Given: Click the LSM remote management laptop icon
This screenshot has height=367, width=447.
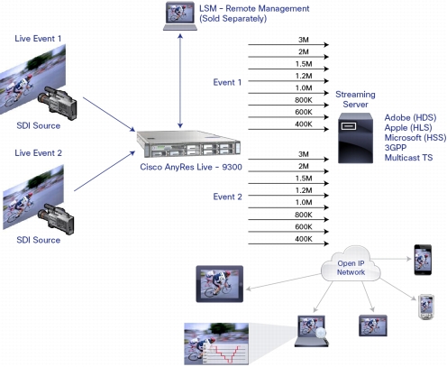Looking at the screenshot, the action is (180, 16).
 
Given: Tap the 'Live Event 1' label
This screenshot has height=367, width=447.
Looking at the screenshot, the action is (38, 39).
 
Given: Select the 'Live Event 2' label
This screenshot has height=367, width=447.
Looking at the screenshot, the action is (38, 153).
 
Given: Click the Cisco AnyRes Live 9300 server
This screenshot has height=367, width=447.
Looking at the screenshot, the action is (188, 144).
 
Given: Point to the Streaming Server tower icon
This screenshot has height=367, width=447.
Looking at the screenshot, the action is (355, 138).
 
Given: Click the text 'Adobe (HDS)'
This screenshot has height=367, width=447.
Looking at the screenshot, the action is (410, 117).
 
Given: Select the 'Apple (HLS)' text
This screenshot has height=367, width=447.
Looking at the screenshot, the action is (408, 128).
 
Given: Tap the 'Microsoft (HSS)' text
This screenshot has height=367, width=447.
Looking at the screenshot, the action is (415, 138).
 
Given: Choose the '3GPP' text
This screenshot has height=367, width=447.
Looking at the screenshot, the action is (396, 148).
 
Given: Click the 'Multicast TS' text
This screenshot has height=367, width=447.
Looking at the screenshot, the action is (408, 158).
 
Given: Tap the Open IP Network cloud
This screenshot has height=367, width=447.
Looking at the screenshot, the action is (351, 264).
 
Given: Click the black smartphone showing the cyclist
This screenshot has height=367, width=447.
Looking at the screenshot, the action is (423, 260).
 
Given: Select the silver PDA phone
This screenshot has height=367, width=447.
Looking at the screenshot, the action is (426, 307).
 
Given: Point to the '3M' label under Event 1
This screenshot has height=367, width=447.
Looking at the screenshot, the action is (304, 40).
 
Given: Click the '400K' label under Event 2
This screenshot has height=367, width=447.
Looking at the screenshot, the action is (304, 239).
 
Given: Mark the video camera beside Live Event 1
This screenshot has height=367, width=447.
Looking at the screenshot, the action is (57, 103).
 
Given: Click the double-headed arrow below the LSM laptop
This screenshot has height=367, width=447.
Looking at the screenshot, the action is (180, 81).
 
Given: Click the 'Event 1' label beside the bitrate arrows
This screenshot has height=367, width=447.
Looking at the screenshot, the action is (227, 82).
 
